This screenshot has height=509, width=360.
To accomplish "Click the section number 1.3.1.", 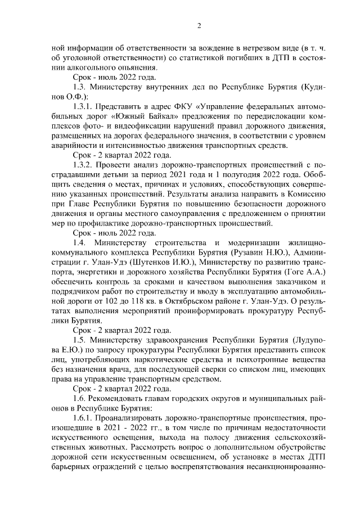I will [x=83, y=106].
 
